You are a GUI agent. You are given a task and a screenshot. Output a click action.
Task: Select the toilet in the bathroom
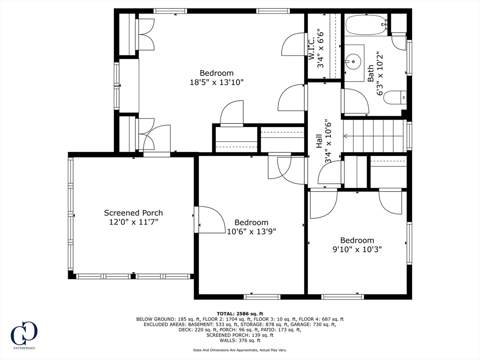point(394,97)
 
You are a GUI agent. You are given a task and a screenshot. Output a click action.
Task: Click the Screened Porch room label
point(134,213)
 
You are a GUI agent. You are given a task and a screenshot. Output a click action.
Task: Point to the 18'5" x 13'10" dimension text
point(217,82)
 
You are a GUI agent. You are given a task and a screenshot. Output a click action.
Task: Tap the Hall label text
point(319,142)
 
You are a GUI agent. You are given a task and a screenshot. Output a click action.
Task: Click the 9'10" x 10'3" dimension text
point(357,249)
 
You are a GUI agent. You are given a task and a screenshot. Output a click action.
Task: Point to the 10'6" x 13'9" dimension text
point(252,231)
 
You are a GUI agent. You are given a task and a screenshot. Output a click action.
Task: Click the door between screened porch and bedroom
point(197,219)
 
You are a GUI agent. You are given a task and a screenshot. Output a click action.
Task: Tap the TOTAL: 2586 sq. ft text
point(240,314)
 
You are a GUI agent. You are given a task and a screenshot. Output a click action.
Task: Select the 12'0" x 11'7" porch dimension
point(134,222)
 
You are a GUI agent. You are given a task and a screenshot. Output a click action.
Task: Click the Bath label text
point(371,74)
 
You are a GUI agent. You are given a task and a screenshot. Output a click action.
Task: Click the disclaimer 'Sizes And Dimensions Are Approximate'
point(240,350)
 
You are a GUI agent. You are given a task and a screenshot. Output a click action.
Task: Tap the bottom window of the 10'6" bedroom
point(262,297)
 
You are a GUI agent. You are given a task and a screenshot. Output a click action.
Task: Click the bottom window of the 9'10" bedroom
point(343,297)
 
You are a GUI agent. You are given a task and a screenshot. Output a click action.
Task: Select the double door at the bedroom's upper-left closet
point(145,34)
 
